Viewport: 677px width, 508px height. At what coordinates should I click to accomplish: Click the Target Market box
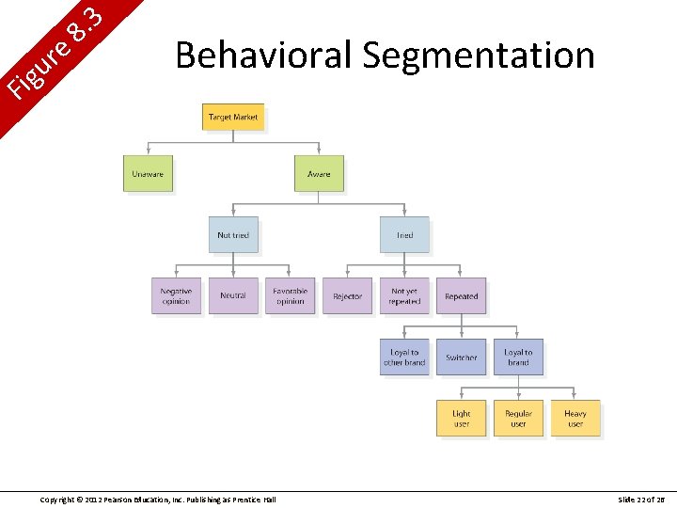pyautogui.click(x=233, y=118)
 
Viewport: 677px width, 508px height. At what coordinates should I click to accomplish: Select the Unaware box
pyautogui.click(x=148, y=174)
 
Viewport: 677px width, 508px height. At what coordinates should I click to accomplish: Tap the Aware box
pyautogui.click(x=319, y=174)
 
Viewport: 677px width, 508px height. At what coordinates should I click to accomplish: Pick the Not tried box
pyautogui.click(x=233, y=235)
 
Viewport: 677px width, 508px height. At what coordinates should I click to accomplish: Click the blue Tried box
pyautogui.click(x=404, y=235)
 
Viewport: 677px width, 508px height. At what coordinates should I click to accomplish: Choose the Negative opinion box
pyautogui.click(x=176, y=296)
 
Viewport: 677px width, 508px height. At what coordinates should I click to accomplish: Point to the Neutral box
pyautogui.click(x=233, y=296)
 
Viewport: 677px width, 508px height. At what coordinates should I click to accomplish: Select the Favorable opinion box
pyautogui.click(x=290, y=296)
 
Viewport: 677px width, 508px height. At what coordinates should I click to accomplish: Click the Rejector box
pyautogui.click(x=347, y=296)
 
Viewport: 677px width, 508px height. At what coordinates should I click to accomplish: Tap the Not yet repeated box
pyautogui.click(x=404, y=296)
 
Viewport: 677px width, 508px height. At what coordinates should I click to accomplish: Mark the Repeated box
pyautogui.click(x=461, y=296)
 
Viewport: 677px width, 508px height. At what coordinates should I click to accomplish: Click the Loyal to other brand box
pyautogui.click(x=404, y=357)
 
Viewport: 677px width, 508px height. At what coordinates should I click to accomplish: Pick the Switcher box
pyautogui.click(x=461, y=357)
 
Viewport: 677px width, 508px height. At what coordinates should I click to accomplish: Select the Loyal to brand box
pyautogui.click(x=518, y=357)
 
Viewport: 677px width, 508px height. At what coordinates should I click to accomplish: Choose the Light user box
pyautogui.click(x=461, y=419)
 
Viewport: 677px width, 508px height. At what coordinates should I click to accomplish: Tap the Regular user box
pyautogui.click(x=518, y=419)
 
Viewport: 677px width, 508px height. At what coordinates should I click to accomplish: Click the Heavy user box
pyautogui.click(x=575, y=419)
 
